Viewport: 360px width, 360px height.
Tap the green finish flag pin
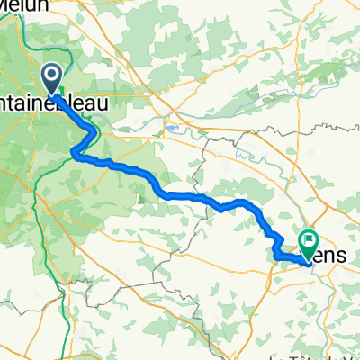click(x=310, y=241)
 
